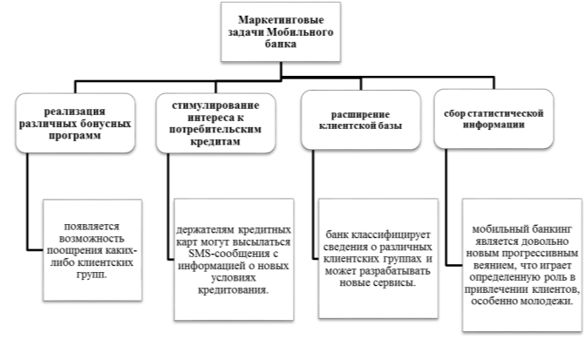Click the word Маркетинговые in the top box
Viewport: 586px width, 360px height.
coord(281,20)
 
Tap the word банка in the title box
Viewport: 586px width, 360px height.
coord(281,44)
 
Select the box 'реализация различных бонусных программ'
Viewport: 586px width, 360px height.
coord(75,123)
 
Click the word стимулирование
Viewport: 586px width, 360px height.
coord(215,105)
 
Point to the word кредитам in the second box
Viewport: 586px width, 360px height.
coord(215,141)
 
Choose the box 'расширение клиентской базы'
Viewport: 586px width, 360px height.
coord(361,120)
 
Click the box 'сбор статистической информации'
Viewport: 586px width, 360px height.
coord(494,119)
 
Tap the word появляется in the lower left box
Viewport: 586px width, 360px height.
coord(92,227)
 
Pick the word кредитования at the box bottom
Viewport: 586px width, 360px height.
coord(233,289)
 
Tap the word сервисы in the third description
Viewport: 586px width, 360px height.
coord(395,282)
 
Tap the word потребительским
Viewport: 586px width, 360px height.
coord(215,129)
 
